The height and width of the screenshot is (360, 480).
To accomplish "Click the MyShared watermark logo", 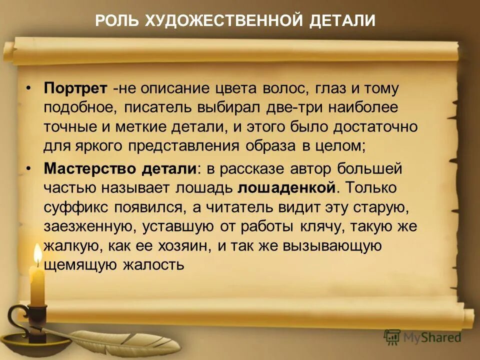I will point(422,337).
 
